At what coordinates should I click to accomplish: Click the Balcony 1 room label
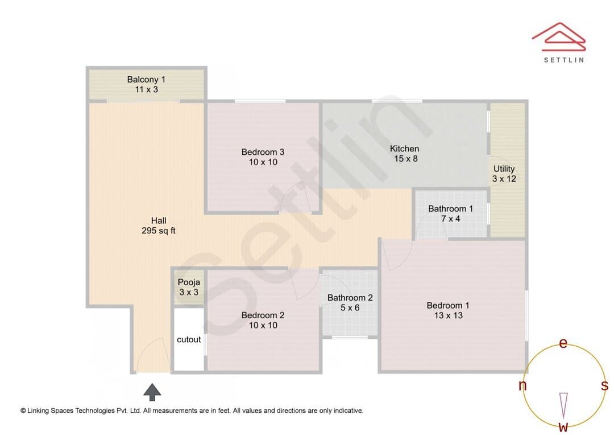[x=146, y=80]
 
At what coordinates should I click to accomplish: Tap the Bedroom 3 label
[x=263, y=152]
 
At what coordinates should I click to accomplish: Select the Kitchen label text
[x=405, y=149]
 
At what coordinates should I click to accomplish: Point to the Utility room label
[x=504, y=169]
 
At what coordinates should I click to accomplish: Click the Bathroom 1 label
[x=450, y=208]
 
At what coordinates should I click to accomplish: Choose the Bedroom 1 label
[x=448, y=305]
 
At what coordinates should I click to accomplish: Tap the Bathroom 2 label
[x=350, y=298]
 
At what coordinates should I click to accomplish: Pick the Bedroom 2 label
[x=263, y=315]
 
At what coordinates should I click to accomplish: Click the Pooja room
[x=189, y=287]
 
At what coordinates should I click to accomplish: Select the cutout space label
[x=189, y=340]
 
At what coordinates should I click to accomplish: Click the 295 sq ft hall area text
[x=159, y=231]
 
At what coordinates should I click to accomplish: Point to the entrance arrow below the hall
[x=152, y=392]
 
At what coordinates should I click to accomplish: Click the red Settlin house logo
[x=559, y=37]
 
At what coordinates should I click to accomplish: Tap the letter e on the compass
[x=563, y=343]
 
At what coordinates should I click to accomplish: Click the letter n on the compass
[x=522, y=385]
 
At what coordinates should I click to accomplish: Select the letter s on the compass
[x=604, y=385]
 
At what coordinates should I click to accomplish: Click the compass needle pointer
[x=563, y=405]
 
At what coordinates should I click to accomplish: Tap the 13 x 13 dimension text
[x=448, y=315]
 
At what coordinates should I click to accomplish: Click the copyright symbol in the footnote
[x=23, y=411]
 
